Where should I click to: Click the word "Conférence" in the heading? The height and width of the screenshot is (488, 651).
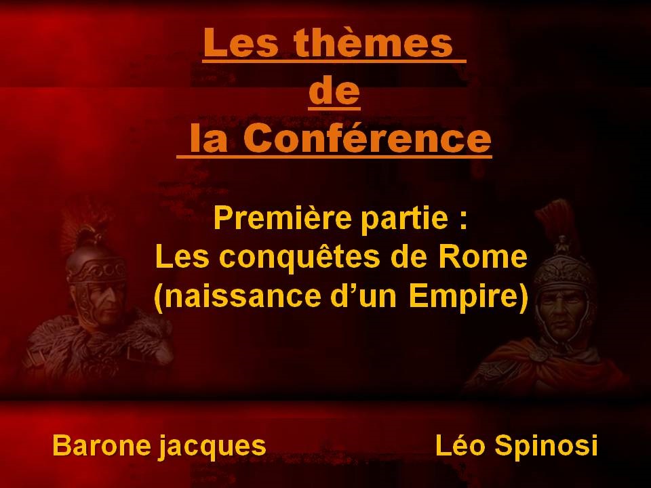[367, 138]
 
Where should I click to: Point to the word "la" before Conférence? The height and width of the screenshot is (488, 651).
[209, 138]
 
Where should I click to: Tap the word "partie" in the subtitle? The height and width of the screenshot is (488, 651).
[399, 219]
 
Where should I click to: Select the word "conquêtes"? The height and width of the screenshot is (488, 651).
[299, 258]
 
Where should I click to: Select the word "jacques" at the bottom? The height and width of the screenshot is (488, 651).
[212, 447]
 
